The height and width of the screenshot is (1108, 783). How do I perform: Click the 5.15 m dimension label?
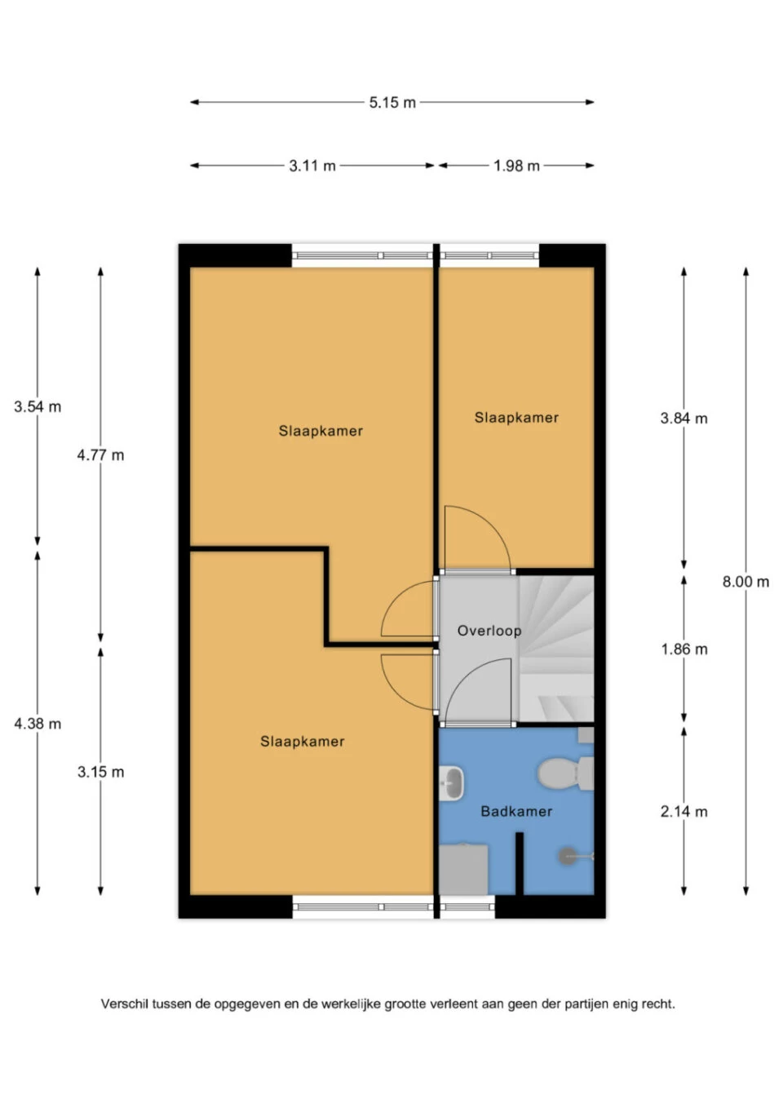click(392, 102)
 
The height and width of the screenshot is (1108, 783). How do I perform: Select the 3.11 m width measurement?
click(312, 166)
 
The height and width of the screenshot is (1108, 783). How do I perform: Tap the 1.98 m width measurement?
click(516, 166)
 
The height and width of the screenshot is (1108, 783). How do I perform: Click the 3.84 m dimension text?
click(683, 419)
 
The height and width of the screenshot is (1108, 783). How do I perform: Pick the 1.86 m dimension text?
click(684, 649)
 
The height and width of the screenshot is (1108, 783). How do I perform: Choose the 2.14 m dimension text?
click(683, 811)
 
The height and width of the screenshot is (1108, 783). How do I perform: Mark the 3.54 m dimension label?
click(38, 406)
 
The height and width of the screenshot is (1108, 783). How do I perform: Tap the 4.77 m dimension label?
click(100, 454)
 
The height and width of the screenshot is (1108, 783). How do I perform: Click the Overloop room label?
click(489, 631)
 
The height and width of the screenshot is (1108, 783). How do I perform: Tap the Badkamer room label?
click(516, 811)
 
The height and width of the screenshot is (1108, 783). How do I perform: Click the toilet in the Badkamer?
click(565, 773)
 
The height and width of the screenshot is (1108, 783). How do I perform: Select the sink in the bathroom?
click(452, 782)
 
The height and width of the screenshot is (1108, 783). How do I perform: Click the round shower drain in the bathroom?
click(567, 856)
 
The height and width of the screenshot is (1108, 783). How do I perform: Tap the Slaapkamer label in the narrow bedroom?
click(516, 418)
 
